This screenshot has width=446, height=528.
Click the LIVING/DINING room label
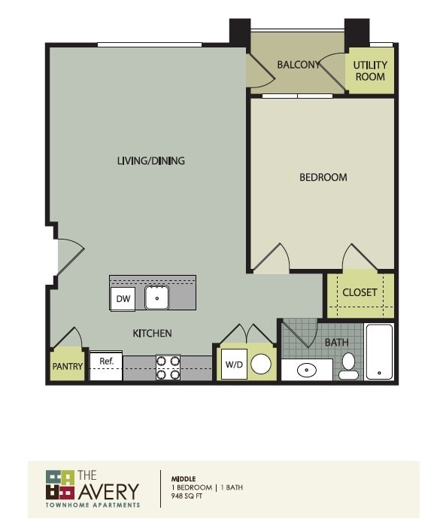coord(151,160)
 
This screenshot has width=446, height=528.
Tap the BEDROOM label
coord(323,177)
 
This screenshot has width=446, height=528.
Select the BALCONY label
coord(299,65)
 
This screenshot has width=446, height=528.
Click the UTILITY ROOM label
coord(370,71)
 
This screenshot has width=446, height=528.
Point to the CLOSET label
coord(360,292)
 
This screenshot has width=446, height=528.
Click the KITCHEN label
coord(153,333)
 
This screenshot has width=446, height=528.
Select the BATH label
coord(336,343)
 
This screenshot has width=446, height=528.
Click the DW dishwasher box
coord(123,299)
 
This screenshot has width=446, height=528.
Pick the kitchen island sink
coord(156,298)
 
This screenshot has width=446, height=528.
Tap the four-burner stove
coord(168,367)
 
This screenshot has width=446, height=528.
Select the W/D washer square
coord(234,365)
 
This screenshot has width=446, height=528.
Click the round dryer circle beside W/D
coord(260,365)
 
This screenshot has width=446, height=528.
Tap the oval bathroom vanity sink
coord(308,371)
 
